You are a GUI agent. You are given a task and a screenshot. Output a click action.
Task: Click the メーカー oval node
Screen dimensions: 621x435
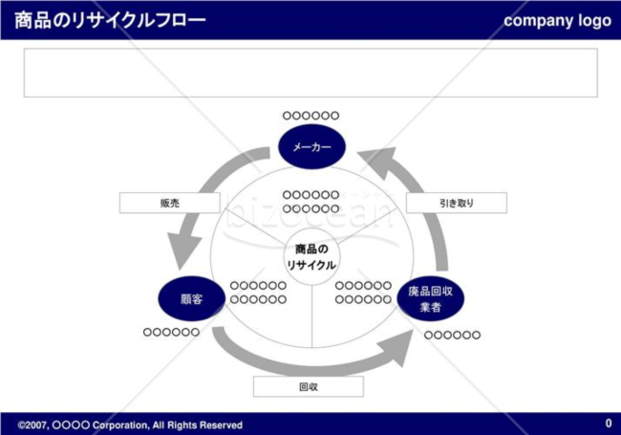311,146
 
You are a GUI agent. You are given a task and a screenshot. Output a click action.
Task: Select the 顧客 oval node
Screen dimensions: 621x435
192,298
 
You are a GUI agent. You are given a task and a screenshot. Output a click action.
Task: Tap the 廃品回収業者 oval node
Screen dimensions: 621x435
431,298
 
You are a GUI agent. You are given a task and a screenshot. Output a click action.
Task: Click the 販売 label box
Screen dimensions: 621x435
170,203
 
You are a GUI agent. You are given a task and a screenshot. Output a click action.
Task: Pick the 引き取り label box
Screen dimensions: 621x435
457,203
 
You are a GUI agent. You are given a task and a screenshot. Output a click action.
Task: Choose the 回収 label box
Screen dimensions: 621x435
309,386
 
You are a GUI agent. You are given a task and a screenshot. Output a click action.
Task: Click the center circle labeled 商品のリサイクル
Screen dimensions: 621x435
311,257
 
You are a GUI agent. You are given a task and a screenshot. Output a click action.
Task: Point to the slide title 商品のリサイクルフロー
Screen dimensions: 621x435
110,20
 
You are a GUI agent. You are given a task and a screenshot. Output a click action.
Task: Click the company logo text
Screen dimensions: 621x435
558,21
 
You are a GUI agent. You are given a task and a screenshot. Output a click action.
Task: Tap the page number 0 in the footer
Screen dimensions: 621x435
609,424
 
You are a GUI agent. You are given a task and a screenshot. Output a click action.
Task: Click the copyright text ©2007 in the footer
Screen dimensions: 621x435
32,425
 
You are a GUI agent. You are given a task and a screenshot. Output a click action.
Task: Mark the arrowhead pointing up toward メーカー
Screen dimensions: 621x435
378,162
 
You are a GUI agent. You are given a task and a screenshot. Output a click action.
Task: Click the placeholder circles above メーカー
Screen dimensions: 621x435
310,116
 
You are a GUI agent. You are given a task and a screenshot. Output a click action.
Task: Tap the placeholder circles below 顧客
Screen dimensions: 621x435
171,332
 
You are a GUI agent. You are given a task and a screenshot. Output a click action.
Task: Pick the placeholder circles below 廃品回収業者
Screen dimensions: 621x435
452,336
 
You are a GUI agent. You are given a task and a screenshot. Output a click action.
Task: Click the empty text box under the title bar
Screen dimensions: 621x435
310,73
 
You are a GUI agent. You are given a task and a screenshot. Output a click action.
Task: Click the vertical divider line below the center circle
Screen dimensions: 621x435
312,316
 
